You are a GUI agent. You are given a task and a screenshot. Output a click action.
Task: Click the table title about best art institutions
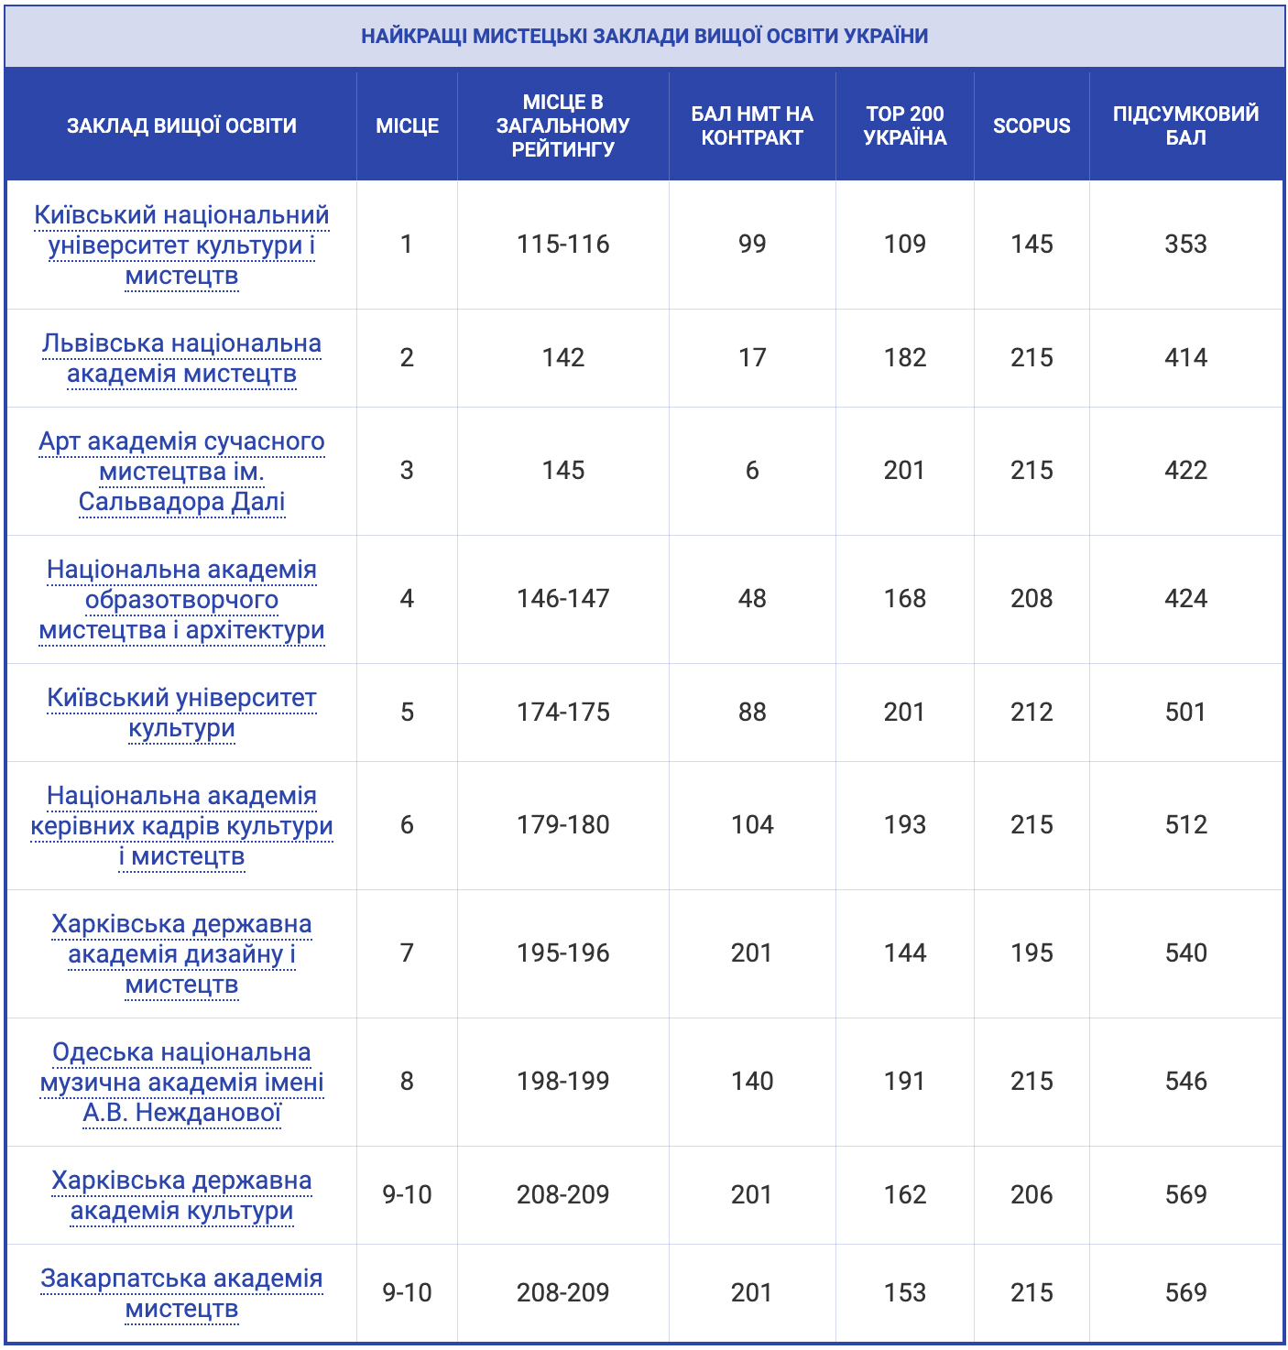tap(644, 36)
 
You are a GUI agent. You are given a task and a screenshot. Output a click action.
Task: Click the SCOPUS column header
tap(1031, 125)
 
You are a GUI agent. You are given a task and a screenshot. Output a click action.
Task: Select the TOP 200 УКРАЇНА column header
tap(904, 125)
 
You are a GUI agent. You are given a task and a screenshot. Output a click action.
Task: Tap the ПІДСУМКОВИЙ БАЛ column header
tap(1185, 125)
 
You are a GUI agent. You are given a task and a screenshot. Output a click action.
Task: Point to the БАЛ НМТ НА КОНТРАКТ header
tap(751, 125)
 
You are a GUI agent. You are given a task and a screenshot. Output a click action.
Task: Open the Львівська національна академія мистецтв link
tap(181, 358)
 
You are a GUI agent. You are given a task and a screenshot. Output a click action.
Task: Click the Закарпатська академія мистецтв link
tap(181, 1293)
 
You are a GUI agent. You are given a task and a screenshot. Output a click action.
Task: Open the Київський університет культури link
tap(181, 713)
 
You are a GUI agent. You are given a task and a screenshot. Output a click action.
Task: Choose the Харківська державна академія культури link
tap(181, 1195)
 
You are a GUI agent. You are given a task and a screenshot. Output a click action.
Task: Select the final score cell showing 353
tap(1185, 244)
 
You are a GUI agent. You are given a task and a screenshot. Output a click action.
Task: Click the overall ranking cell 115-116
tap(562, 244)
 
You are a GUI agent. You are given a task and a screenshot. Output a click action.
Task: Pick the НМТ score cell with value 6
tap(751, 470)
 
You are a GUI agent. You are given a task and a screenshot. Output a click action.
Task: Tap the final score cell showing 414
tap(1185, 357)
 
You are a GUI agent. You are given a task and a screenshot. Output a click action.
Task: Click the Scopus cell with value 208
tap(1031, 598)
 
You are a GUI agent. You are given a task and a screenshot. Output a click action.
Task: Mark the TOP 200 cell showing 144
tap(904, 953)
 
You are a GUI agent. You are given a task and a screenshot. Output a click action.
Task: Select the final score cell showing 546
tap(1185, 1081)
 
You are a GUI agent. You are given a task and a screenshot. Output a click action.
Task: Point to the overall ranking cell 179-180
tap(562, 824)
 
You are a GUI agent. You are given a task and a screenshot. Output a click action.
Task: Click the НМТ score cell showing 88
tap(751, 712)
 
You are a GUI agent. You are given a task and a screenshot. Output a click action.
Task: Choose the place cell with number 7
tap(407, 953)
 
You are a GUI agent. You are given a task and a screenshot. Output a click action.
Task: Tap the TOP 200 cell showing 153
tap(904, 1292)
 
